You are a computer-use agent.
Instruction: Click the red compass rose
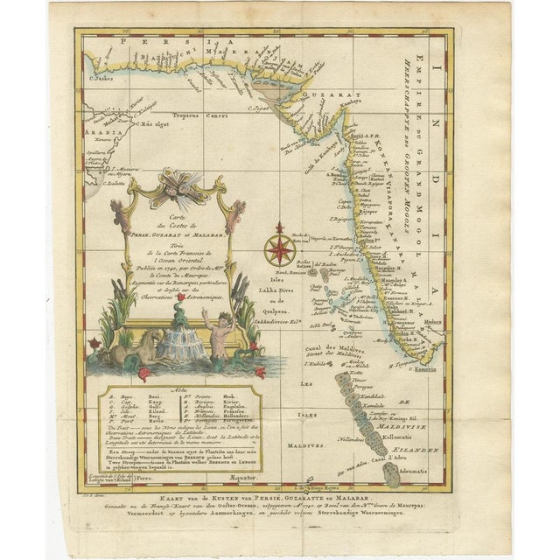coord(279,248)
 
